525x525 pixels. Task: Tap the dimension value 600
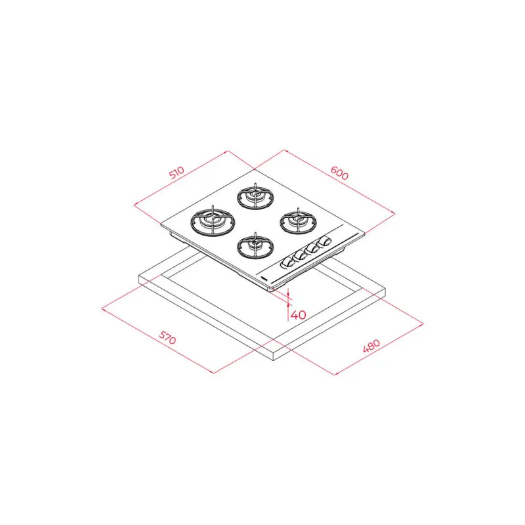tap(339, 173)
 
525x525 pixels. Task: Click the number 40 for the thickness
tap(299, 314)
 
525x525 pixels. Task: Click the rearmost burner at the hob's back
tap(253, 196)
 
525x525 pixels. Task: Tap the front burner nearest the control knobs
tap(253, 246)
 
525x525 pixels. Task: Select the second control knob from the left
tap(299, 257)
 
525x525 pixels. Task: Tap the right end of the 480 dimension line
tap(423, 324)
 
